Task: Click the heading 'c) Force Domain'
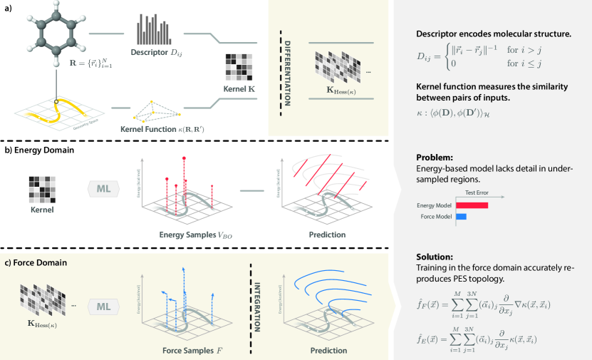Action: [36, 262]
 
